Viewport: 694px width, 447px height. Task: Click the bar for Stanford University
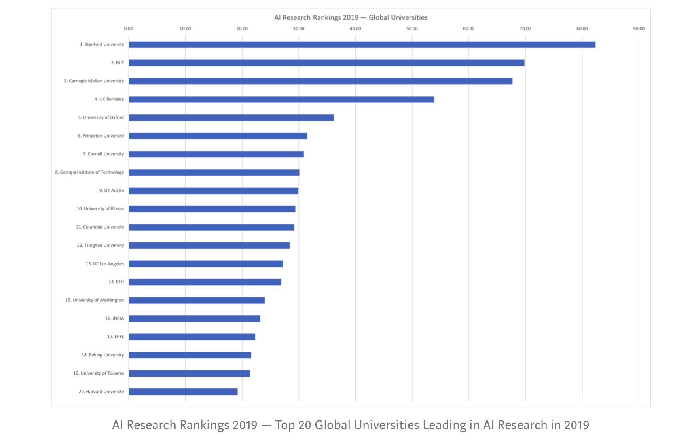click(x=362, y=45)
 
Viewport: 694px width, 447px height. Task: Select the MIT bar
click(x=326, y=63)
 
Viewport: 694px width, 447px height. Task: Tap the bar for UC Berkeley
click(x=281, y=99)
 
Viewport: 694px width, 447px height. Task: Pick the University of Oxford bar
click(x=231, y=117)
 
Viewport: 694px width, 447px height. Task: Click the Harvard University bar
click(x=183, y=392)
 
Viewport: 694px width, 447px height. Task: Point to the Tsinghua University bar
click(x=209, y=246)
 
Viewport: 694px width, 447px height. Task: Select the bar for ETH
click(x=205, y=282)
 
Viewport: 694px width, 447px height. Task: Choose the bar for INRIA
click(x=194, y=318)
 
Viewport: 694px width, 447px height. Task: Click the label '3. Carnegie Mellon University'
click(x=94, y=81)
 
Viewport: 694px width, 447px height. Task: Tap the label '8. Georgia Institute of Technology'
click(x=89, y=172)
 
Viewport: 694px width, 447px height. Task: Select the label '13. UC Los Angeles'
click(x=104, y=264)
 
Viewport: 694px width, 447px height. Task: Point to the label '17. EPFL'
click(x=115, y=337)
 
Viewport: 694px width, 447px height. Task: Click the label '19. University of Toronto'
click(x=99, y=373)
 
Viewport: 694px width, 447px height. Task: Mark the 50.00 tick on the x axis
click(x=412, y=29)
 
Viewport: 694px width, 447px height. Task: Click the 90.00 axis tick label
click(x=639, y=29)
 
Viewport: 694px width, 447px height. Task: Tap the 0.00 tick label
click(x=129, y=29)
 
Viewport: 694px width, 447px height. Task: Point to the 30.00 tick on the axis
click(x=299, y=29)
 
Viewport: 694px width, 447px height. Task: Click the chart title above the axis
click(x=351, y=18)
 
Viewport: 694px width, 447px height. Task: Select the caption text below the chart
click(x=351, y=425)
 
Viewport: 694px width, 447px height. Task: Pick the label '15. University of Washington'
click(x=95, y=300)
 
